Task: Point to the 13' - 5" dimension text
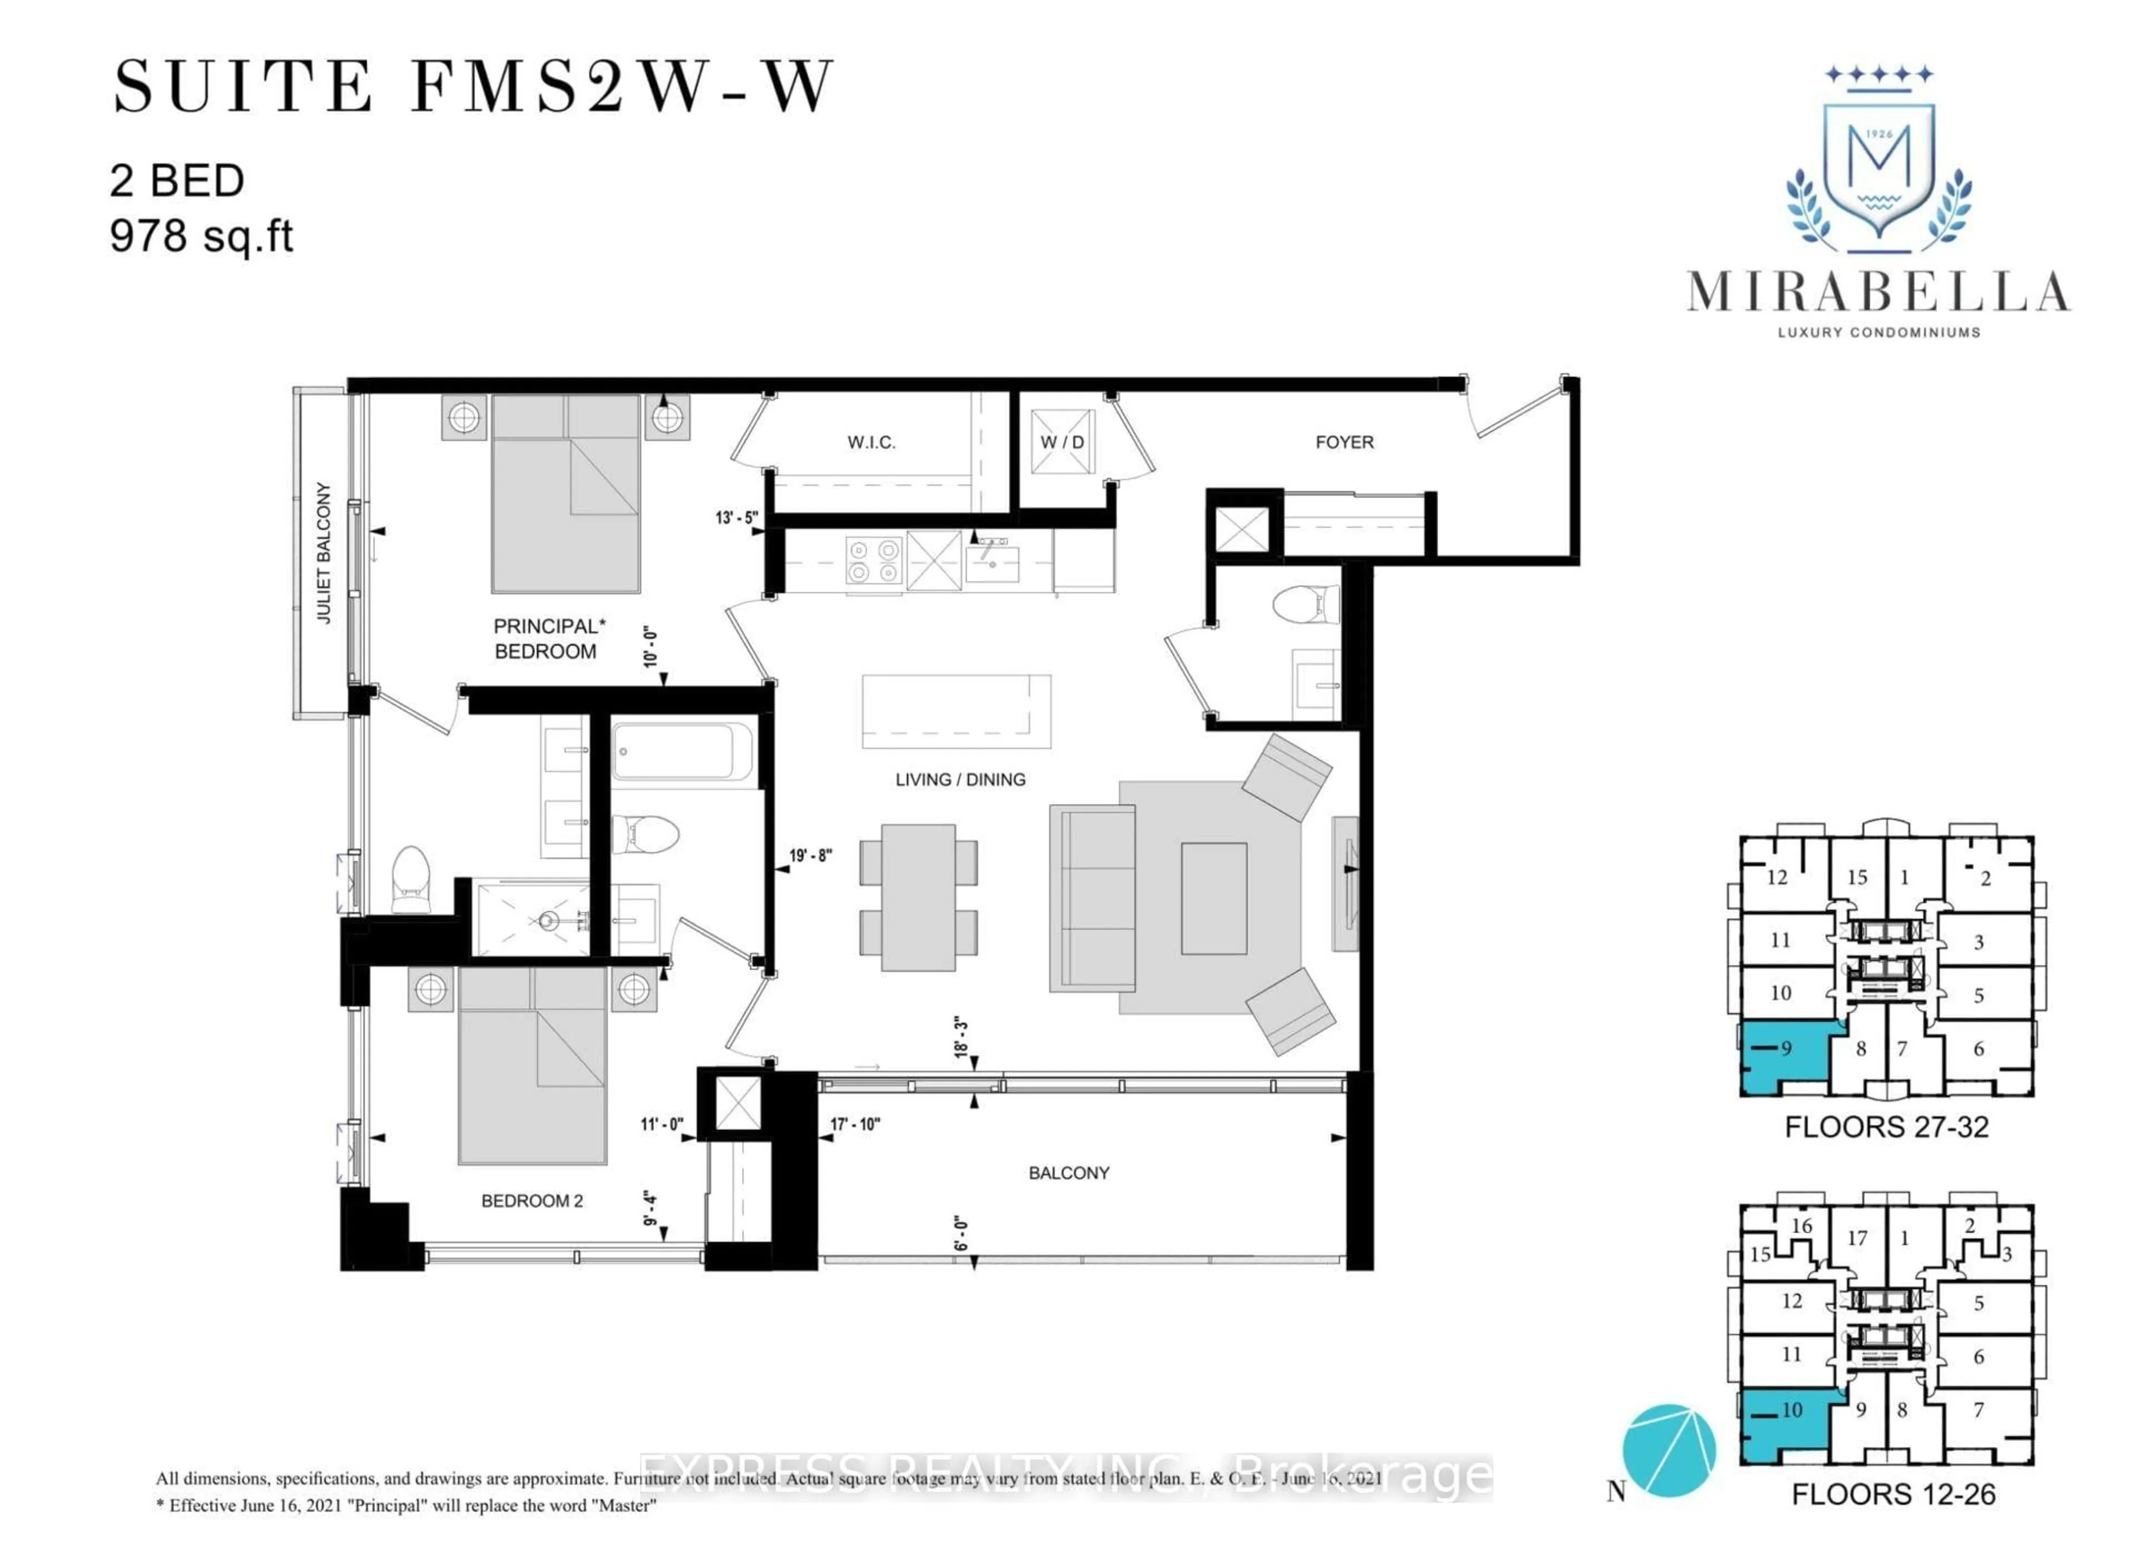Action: pos(736,518)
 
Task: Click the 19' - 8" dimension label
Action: pos(810,856)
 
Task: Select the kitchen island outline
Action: pos(955,711)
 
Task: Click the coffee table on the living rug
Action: pos(1213,898)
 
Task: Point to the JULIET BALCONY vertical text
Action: pos(324,552)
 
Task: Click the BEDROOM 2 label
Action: pos(532,1200)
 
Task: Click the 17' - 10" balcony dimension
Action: pos(855,1124)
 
